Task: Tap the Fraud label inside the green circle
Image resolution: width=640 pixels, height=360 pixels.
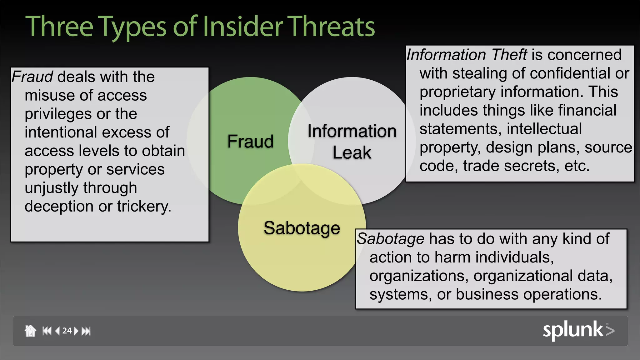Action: (x=250, y=141)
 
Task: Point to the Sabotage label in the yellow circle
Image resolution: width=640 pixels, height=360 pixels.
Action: (x=302, y=228)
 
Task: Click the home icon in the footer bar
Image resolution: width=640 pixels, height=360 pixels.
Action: (x=30, y=331)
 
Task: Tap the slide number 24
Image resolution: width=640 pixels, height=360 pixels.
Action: (x=67, y=331)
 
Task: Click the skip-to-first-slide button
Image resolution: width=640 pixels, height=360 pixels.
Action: (x=47, y=331)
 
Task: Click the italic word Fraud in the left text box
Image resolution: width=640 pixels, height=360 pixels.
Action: (x=32, y=77)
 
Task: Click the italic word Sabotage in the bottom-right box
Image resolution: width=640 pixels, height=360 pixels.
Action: (x=391, y=239)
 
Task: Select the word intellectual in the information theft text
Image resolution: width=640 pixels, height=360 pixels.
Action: (x=544, y=129)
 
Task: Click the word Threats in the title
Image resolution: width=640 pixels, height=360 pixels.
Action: (x=331, y=27)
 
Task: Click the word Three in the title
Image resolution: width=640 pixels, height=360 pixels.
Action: (x=59, y=27)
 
